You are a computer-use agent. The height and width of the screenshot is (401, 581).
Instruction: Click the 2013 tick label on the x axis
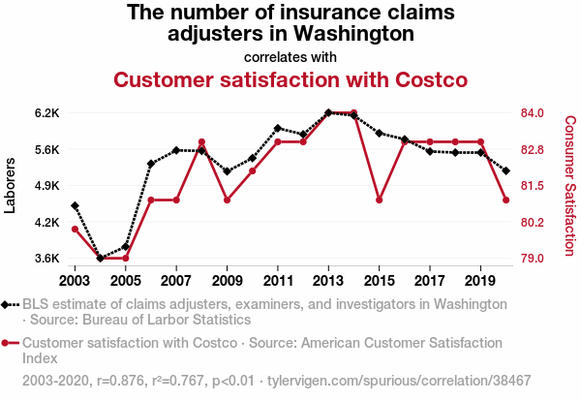[329, 280]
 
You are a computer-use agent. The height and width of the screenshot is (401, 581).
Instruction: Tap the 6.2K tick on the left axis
[46, 113]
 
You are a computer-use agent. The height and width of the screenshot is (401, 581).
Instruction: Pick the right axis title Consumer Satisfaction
[569, 184]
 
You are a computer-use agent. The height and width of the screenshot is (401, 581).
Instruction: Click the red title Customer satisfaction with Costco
[290, 79]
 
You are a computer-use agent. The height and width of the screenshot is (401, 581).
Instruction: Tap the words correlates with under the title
[290, 56]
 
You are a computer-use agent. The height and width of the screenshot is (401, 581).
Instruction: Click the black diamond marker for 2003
[75, 205]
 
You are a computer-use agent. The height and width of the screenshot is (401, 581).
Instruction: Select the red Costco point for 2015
[380, 200]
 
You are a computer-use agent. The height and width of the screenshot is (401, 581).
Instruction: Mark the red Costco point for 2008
[201, 142]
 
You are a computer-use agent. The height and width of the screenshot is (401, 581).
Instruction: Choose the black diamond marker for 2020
[506, 170]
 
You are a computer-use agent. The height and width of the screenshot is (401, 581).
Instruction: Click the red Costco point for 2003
[75, 229]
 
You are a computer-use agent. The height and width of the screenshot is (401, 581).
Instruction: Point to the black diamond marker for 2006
[151, 164]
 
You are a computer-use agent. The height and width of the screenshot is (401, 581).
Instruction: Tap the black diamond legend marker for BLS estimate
[7, 304]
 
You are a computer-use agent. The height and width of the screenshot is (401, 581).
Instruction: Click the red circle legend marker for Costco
[7, 343]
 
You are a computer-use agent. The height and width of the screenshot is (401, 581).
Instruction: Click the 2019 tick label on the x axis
[481, 280]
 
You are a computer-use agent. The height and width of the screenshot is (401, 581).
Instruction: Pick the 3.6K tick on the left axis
[46, 259]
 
